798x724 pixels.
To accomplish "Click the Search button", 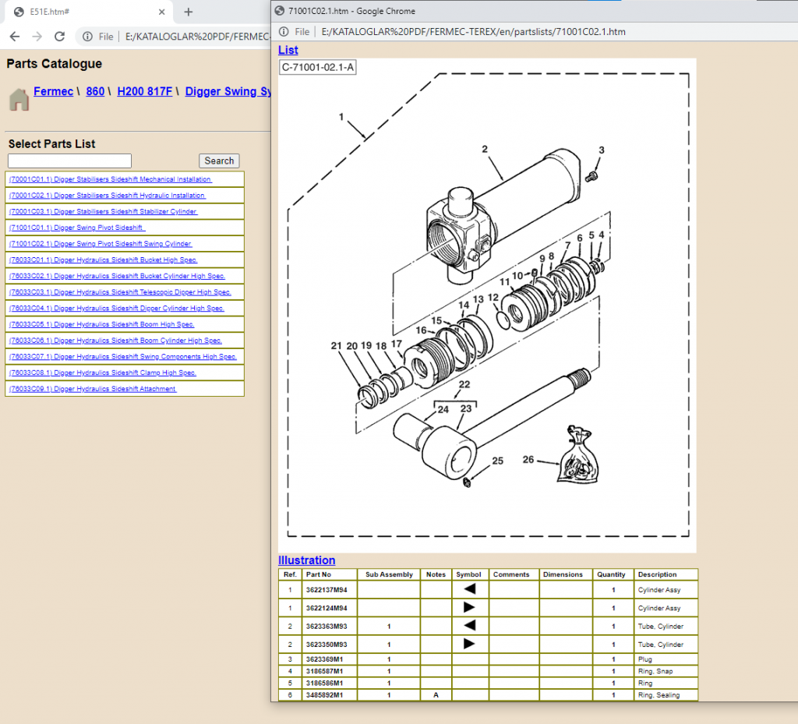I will [219, 161].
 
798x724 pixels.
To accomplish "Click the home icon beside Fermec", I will [19, 99].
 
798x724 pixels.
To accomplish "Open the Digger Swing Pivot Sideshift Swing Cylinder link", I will [100, 244].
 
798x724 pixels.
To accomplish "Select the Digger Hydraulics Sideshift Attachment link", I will [92, 389].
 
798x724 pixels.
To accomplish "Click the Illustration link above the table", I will [306, 560].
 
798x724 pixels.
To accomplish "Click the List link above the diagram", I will [288, 50].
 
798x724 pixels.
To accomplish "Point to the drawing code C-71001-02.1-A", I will [318, 67].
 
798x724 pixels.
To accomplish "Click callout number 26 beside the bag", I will [528, 460].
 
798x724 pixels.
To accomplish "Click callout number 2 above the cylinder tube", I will [484, 150].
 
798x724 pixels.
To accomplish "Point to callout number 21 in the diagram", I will [336, 346].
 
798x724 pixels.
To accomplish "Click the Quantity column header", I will [611, 574].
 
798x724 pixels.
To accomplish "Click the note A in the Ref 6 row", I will [436, 694].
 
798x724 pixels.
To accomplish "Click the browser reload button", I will [59, 37].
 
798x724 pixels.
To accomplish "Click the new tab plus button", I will [188, 12].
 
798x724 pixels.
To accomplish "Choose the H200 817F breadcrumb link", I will [144, 91].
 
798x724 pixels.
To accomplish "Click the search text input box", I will [69, 161].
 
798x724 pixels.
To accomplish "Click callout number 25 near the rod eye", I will [497, 461].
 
